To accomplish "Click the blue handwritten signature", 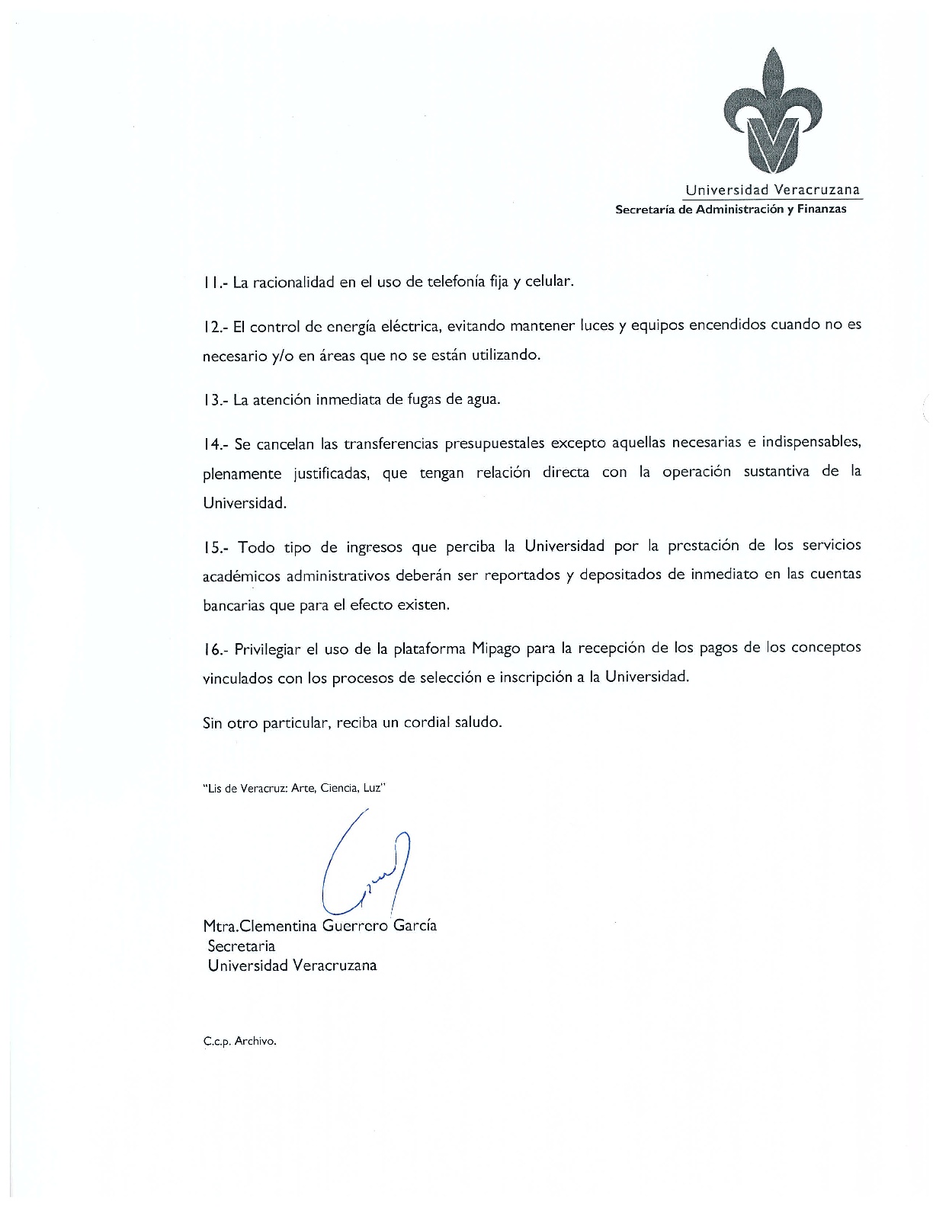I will pyautogui.click(x=366, y=865).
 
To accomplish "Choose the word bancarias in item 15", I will pyautogui.click(x=234, y=606).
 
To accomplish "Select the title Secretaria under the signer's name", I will pyautogui.click(x=241, y=946).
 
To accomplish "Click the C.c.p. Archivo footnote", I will pyautogui.click(x=239, y=1041).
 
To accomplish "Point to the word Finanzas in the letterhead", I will pyautogui.click(x=822, y=210).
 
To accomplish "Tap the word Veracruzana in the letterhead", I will pyautogui.click(x=816, y=190).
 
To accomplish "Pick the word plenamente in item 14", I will pyautogui.click(x=242, y=474).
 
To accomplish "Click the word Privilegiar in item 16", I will pyautogui.click(x=267, y=649).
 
